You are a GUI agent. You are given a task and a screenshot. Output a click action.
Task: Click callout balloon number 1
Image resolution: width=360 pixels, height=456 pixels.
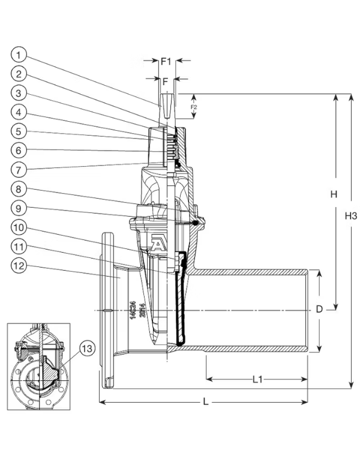19,55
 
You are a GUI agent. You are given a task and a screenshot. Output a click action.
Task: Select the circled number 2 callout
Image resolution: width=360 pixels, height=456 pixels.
19,74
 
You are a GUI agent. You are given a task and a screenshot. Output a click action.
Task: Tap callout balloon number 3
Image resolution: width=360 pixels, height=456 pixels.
19,93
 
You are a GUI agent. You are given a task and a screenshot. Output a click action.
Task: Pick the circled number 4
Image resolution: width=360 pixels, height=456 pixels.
19,112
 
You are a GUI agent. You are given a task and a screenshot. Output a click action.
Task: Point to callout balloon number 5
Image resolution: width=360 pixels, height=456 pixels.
19,130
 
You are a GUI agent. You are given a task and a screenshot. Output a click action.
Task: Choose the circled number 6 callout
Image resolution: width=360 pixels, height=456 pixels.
19,149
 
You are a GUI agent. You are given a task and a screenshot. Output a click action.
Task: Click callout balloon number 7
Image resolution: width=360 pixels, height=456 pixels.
19,168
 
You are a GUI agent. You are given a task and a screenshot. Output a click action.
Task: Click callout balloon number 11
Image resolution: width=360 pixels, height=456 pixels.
19,247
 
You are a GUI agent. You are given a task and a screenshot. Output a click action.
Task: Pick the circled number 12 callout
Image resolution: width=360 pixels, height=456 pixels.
19,266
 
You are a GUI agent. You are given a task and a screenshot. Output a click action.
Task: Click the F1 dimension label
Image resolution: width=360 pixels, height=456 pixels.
166,61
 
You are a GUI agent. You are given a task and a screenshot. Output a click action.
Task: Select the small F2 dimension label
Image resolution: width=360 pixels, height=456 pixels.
193,107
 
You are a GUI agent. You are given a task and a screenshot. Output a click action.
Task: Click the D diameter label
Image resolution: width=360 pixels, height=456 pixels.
320,310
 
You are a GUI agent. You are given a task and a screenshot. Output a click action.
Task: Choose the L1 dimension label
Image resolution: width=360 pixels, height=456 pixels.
256,379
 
